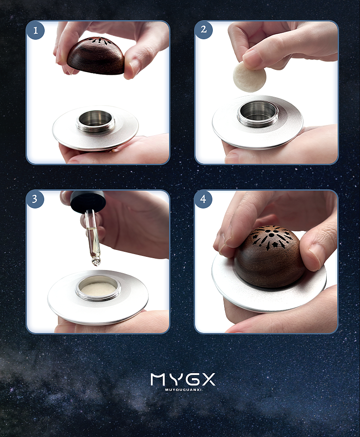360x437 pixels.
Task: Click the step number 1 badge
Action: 36,31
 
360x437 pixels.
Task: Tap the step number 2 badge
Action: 204,30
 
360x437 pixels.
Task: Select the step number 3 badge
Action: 35,199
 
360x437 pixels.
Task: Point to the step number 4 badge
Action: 203,199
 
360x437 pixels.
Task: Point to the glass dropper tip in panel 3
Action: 95,263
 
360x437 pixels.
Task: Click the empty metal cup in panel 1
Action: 95,121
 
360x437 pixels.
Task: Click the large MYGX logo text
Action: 183,380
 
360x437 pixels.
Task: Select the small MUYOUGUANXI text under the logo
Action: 183,390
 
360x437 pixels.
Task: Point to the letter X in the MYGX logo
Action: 207,380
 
